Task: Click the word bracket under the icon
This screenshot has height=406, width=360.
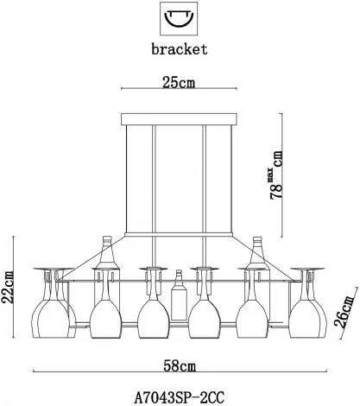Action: coord(180,49)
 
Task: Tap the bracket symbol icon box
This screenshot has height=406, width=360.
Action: coord(179,18)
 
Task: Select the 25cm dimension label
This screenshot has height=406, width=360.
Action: coord(179,83)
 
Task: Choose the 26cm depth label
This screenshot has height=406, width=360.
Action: coord(344,312)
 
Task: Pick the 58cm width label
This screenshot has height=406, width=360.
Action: coord(180,366)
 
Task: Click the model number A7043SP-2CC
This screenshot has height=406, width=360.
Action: coord(180,398)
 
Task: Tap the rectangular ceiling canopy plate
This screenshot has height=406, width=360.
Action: coord(179,119)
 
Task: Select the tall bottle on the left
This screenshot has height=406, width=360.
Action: coord(107,270)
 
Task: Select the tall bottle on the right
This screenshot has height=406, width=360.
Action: coord(257,270)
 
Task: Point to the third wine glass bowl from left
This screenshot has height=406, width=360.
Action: coord(153,319)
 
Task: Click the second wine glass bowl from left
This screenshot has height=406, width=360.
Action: coord(105,319)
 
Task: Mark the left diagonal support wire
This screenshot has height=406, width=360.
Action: coord(92,257)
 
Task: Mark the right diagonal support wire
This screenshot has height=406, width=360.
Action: coord(265,258)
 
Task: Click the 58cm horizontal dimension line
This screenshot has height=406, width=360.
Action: coord(180,371)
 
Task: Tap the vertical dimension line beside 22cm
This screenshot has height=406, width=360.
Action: coord(14,287)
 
